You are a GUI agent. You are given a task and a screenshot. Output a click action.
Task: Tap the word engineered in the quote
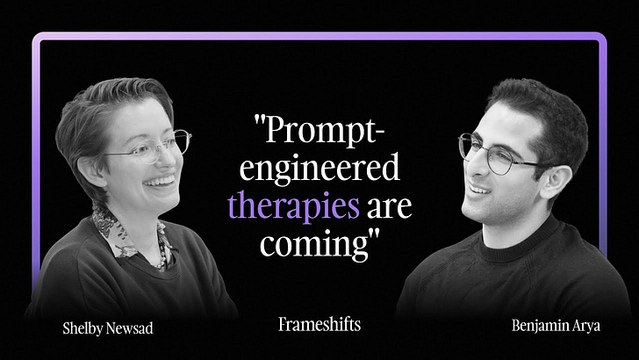click(319, 168)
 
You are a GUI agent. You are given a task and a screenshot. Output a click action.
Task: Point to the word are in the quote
click(389, 205)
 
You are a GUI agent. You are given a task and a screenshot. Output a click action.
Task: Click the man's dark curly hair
click(535, 110)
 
